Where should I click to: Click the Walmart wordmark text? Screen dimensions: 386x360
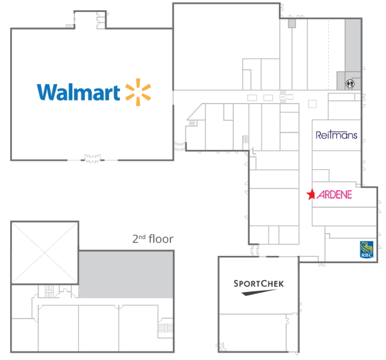tap(78, 92)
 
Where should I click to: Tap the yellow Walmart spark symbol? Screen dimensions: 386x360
tap(138, 92)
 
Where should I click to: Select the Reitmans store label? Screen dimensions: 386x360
tap(336, 135)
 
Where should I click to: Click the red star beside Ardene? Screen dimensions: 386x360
tap(311, 194)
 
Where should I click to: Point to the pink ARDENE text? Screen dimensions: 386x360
tap(334, 194)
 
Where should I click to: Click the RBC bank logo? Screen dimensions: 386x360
tap(367, 249)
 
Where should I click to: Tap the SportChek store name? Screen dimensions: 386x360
tap(258, 284)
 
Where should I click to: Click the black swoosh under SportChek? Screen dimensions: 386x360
tap(258, 293)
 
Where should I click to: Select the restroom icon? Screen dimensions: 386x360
tap(350, 84)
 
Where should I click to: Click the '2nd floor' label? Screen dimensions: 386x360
tap(153, 239)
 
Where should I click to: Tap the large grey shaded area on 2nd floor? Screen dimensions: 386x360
tap(126, 275)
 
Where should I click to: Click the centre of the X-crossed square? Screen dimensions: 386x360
tap(45, 253)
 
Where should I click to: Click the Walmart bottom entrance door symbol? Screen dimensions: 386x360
tap(92, 158)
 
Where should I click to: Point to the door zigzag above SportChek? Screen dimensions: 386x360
tap(255, 250)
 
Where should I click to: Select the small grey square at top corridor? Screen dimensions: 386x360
tap(292, 23)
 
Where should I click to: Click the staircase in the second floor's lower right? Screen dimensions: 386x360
tap(165, 328)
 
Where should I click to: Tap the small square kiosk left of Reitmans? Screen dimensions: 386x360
tap(313, 104)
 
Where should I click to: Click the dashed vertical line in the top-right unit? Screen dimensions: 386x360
tap(328, 55)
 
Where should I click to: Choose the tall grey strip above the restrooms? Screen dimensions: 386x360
tap(353, 46)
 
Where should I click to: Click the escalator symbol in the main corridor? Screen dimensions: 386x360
tap(286, 97)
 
